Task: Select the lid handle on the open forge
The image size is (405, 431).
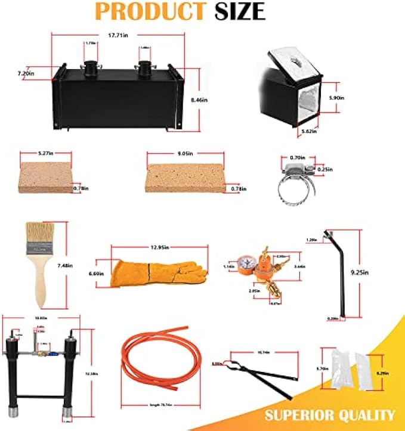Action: click(x=295, y=61)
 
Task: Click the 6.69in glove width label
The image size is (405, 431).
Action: click(x=97, y=273)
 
